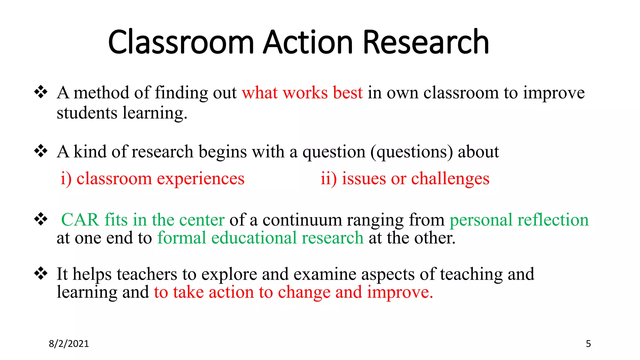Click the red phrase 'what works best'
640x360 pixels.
pos(302,93)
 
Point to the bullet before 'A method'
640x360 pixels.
pos(41,92)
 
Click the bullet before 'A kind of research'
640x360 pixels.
pos(41,151)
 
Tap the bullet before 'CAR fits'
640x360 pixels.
pos(41,219)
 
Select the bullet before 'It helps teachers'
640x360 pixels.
pos(41,273)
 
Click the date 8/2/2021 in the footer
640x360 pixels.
pos(69,344)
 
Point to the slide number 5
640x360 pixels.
pos(588,344)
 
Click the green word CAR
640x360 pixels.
pos(80,220)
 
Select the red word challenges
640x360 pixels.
pos(450,179)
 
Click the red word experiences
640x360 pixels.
pos(200,179)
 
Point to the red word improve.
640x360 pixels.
pos(400,292)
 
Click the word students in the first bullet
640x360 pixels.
pos(87,113)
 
